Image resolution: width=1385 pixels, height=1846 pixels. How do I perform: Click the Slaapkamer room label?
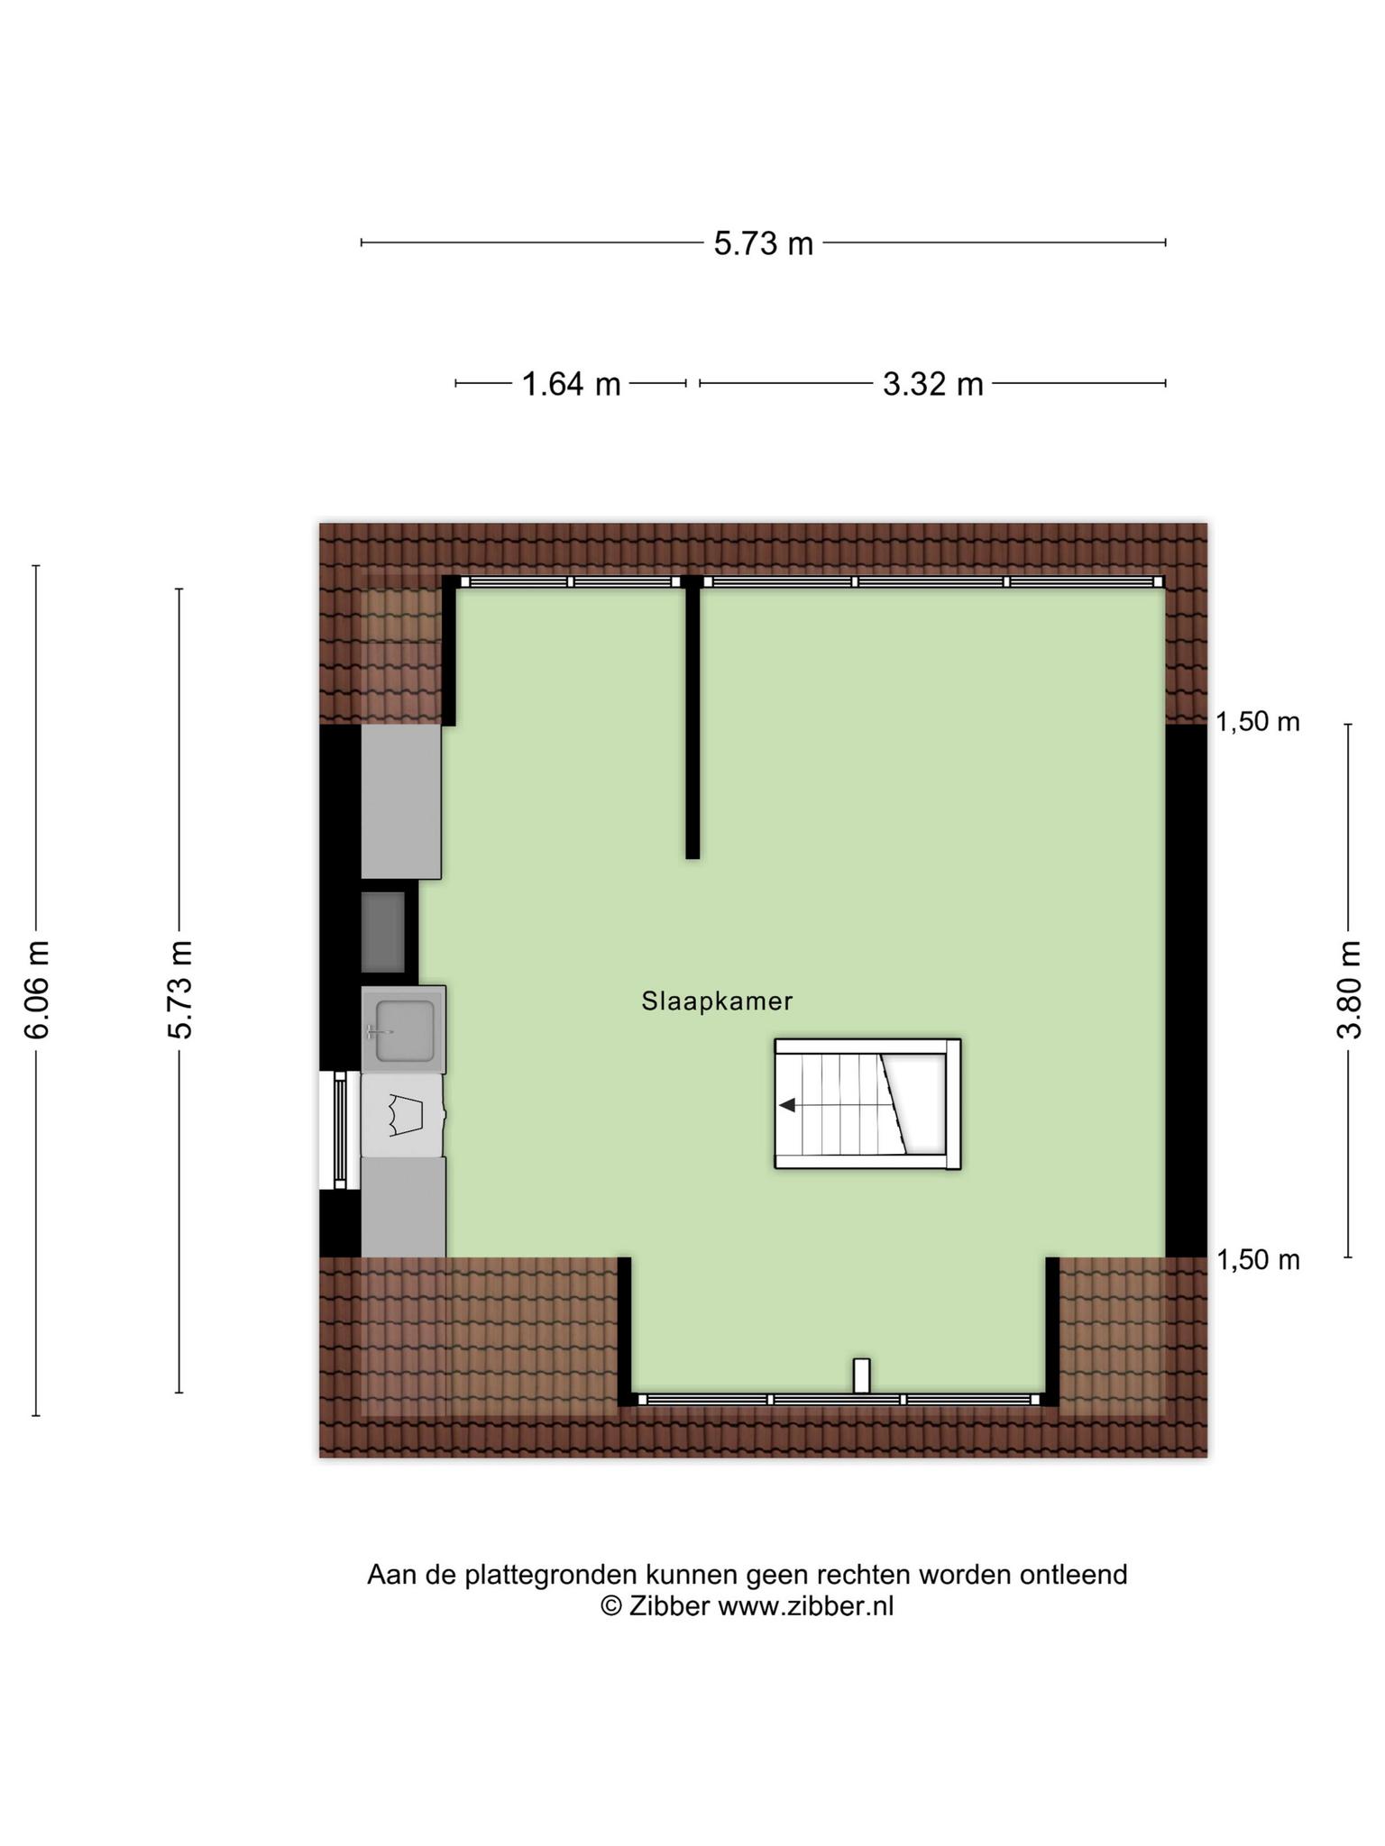pyautogui.click(x=717, y=1001)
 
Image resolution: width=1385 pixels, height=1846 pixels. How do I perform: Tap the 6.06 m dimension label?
pyautogui.click(x=37, y=990)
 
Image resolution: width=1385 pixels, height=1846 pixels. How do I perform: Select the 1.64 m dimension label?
pyautogui.click(x=572, y=385)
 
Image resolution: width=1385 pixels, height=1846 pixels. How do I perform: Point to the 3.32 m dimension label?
pyautogui.click(x=932, y=385)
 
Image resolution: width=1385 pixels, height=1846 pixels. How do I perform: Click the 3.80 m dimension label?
pyautogui.click(x=1349, y=990)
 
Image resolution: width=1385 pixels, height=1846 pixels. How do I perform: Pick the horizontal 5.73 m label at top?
pyautogui.click(x=764, y=243)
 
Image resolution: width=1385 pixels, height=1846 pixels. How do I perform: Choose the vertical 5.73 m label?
pyautogui.click(x=180, y=990)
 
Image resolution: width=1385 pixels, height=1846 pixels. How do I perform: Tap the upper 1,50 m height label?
pyautogui.click(x=1258, y=722)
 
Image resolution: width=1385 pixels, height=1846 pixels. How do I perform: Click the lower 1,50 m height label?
pyautogui.click(x=1258, y=1260)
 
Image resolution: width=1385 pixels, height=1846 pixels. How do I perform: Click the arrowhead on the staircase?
pyautogui.click(x=787, y=1105)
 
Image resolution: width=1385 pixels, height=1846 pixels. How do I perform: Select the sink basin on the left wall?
pyautogui.click(x=404, y=1029)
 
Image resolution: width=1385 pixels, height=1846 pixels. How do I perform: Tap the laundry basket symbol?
pyautogui.click(x=406, y=1115)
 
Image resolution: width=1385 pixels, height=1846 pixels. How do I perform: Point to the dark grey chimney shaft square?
pyautogui.click(x=383, y=932)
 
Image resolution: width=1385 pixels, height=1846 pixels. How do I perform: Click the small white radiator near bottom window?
pyautogui.click(x=861, y=1375)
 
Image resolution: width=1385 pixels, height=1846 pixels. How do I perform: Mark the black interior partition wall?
pyautogui.click(x=692, y=717)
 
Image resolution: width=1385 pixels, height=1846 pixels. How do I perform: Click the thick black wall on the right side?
pyautogui.click(x=1186, y=991)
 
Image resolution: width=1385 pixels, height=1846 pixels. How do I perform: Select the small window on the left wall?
pyautogui.click(x=340, y=1130)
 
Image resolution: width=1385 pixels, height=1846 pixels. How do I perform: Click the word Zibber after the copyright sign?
pyautogui.click(x=669, y=1606)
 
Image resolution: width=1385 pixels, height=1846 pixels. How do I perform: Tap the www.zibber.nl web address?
pyautogui.click(x=805, y=1606)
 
